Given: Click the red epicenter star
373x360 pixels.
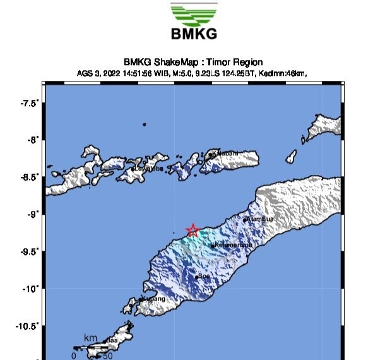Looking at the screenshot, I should (x=192, y=231).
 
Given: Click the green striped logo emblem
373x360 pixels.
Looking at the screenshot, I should (x=193, y=14).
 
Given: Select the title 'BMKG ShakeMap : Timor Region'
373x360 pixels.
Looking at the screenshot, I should (x=194, y=62).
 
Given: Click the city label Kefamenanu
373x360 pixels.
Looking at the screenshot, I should (x=234, y=244).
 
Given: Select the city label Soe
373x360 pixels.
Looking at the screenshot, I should (x=203, y=276).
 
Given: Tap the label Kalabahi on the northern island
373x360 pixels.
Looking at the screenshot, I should (x=225, y=153).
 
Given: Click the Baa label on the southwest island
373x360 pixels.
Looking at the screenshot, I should (x=112, y=340).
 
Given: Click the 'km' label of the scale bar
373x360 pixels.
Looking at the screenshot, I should (x=91, y=338).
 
